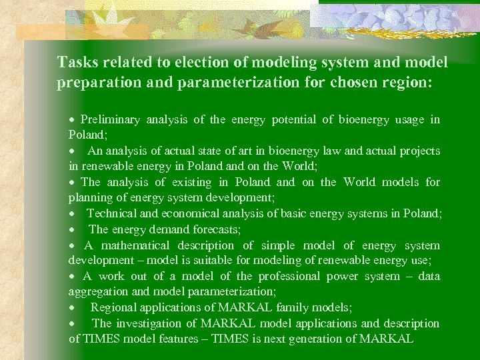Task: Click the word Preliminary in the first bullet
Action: click(110, 120)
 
